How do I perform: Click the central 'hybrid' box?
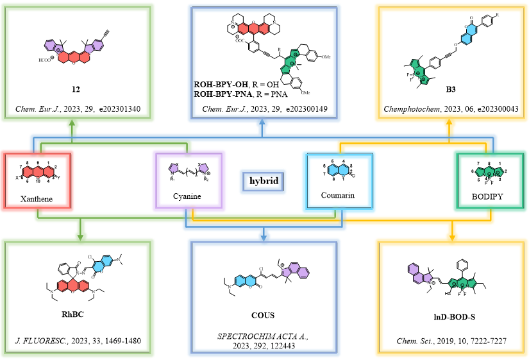[264, 181]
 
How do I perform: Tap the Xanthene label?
[36, 200]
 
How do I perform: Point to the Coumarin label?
[338, 194]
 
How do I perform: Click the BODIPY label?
[491, 198]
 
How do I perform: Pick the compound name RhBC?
[78, 314]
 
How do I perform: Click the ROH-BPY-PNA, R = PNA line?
[242, 92]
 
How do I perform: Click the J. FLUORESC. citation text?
[78, 341]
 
